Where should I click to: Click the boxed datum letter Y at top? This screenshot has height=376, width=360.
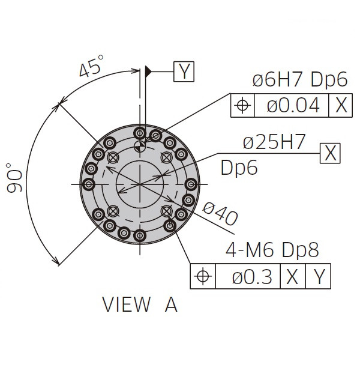coord(184,71)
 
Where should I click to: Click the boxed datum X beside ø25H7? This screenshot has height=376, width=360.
coord(330,153)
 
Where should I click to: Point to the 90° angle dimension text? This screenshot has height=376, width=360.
coord(14,178)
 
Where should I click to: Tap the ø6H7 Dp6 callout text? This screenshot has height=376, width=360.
coord(300,79)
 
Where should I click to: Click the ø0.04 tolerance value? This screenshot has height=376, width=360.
coord(293,105)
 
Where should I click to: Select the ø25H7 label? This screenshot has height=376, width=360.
coord(274,142)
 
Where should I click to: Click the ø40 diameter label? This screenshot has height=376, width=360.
coord(220,214)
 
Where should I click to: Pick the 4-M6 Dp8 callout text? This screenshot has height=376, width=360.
coord(272,250)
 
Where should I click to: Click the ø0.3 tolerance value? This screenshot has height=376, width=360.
coord(252,276)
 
